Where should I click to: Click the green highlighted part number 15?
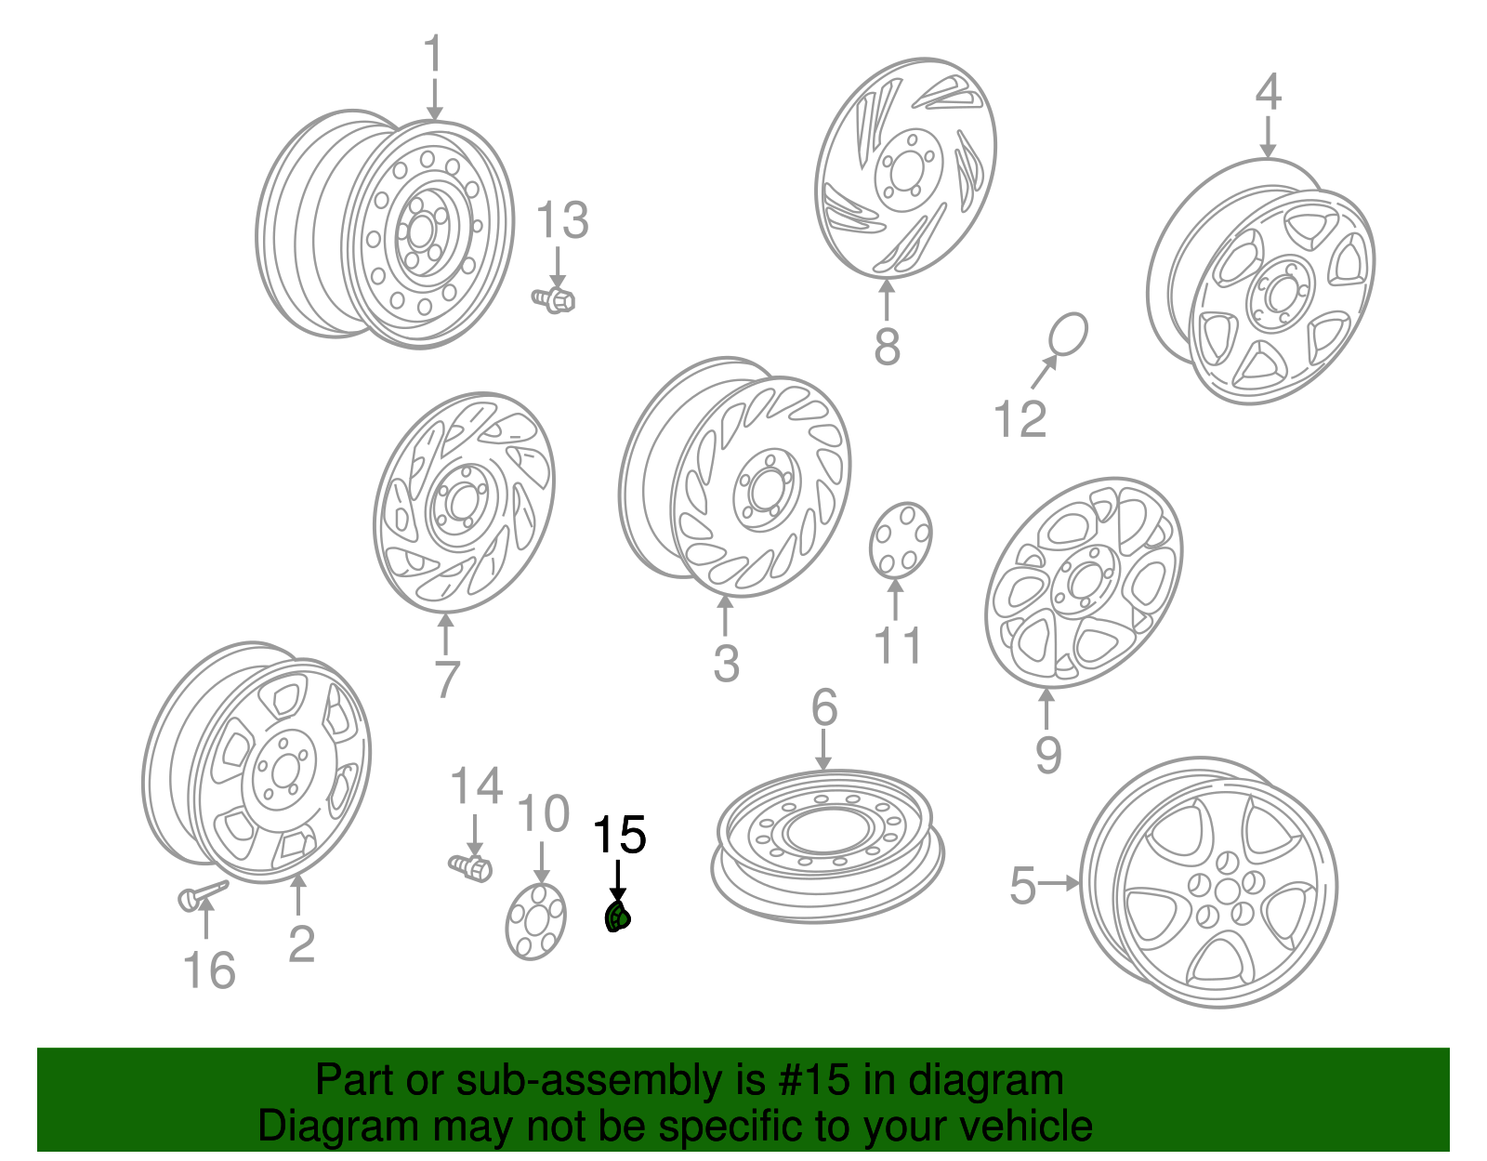(617, 917)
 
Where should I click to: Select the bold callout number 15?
(619, 835)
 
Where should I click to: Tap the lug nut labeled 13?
(554, 299)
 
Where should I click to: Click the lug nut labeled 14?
(471, 868)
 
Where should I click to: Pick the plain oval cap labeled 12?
(1068, 335)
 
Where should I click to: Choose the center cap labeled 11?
(901, 540)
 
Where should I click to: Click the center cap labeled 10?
(536, 921)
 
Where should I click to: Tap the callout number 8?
(887, 347)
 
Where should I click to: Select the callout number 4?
(1268, 92)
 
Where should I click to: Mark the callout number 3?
(726, 663)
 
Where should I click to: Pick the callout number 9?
(1048, 755)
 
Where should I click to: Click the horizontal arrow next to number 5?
(1059, 884)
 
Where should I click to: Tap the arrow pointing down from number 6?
(824, 750)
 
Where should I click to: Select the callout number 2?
(301, 943)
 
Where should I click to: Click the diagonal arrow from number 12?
(1045, 372)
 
